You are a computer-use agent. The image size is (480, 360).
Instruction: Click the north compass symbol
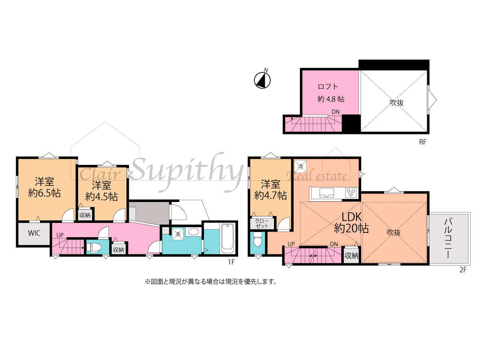(x=262, y=80)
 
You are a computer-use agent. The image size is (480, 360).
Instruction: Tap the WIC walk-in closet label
(x=34, y=233)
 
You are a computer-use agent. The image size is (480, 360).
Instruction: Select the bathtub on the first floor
(x=227, y=238)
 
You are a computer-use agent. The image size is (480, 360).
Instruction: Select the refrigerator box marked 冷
(x=301, y=166)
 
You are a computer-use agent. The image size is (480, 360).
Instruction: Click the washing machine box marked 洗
(x=178, y=234)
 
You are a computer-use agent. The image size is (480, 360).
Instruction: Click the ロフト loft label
(x=328, y=86)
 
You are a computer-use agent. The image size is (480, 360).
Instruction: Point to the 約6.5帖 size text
(x=44, y=193)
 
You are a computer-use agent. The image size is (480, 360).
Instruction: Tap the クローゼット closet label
(x=262, y=224)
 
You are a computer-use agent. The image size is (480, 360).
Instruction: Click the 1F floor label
(x=231, y=262)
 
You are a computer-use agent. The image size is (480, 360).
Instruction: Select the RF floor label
(x=423, y=142)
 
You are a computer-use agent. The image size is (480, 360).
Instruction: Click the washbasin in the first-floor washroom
(x=194, y=232)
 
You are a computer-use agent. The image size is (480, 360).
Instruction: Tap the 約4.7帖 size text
(x=270, y=195)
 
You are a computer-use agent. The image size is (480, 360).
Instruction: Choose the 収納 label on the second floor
(x=352, y=256)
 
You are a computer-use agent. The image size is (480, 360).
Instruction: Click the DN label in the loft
(x=336, y=112)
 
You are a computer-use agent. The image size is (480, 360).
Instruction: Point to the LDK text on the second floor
(x=352, y=217)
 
